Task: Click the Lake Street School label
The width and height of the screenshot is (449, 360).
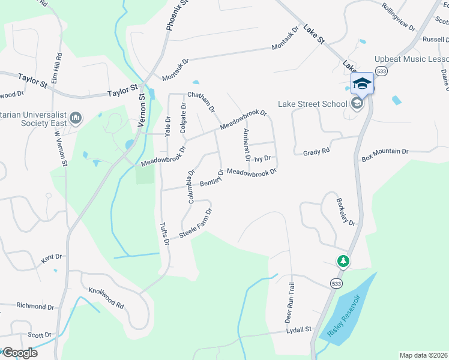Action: tap(312, 104)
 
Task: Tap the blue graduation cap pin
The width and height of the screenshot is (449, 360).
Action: tap(362, 83)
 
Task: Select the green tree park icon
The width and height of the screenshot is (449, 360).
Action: tap(343, 261)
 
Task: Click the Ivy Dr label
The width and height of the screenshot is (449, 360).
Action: tap(262, 159)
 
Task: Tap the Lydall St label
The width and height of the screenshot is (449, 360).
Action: tap(298, 330)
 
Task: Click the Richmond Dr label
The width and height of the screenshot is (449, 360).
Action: tap(35, 305)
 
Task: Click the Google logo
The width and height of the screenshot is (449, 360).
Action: tap(19, 352)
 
